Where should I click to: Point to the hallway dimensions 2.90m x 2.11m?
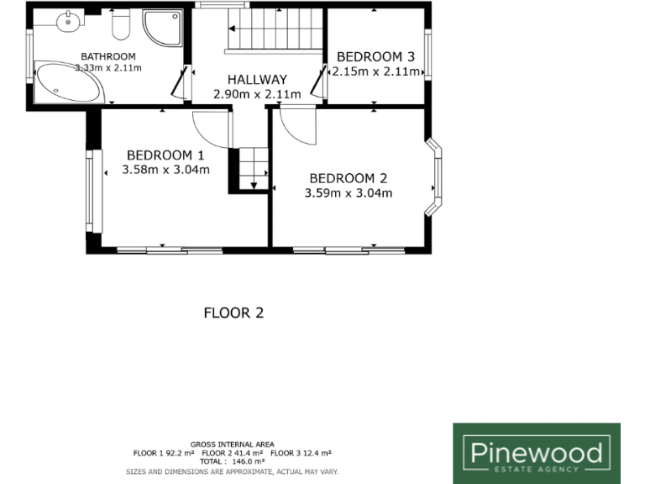[x=256, y=94]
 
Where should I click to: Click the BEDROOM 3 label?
[x=375, y=57]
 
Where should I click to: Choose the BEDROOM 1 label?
[x=165, y=155]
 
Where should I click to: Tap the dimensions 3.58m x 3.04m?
[x=165, y=170]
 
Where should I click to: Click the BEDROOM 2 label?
[x=348, y=178]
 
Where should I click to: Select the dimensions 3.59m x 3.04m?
[x=348, y=193]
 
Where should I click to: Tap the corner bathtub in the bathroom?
[x=67, y=82]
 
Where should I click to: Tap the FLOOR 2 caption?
[x=233, y=313]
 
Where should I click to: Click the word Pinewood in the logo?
[x=536, y=453]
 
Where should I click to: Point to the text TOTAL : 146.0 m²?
[x=232, y=461]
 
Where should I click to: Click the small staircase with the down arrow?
[x=250, y=171]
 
